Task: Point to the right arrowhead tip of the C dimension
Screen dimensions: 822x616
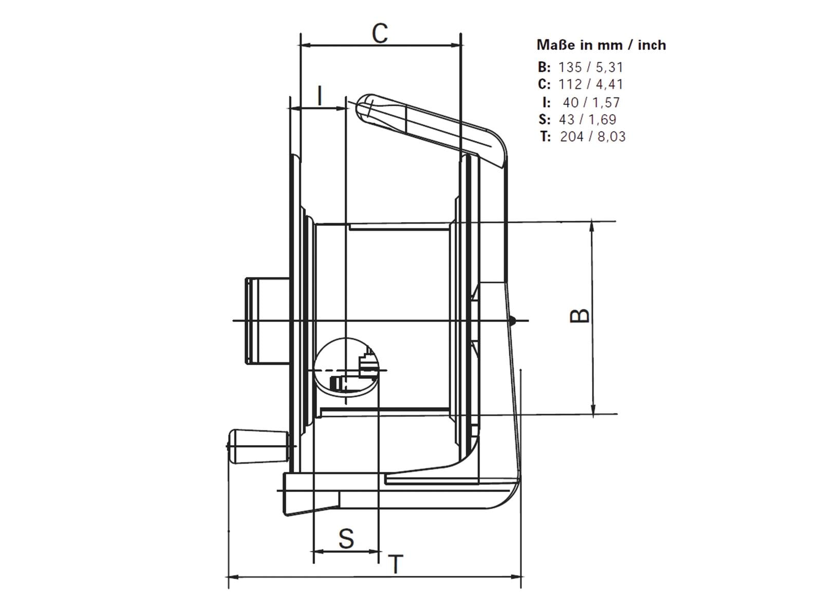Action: pyautogui.click(x=460, y=46)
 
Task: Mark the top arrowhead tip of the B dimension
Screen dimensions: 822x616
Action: pyautogui.click(x=592, y=221)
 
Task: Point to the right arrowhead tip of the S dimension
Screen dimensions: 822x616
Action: pyautogui.click(x=379, y=551)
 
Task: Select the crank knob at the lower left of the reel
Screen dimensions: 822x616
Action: pyautogui.click(x=258, y=447)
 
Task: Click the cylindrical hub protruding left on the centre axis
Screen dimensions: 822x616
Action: pyautogui.click(x=267, y=320)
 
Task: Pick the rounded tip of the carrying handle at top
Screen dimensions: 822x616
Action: pyautogui.click(x=365, y=107)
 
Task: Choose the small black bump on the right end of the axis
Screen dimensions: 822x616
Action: pyautogui.click(x=513, y=320)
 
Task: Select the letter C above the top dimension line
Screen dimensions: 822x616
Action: pyautogui.click(x=380, y=33)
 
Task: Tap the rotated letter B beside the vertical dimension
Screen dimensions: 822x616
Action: pyautogui.click(x=579, y=316)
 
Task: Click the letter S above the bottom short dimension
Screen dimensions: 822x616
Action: pyautogui.click(x=346, y=538)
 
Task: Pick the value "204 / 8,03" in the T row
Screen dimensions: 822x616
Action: pyautogui.click(x=592, y=137)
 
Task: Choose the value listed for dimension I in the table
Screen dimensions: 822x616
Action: pyautogui.click(x=591, y=103)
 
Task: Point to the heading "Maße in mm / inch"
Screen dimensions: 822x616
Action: pyautogui.click(x=601, y=45)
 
